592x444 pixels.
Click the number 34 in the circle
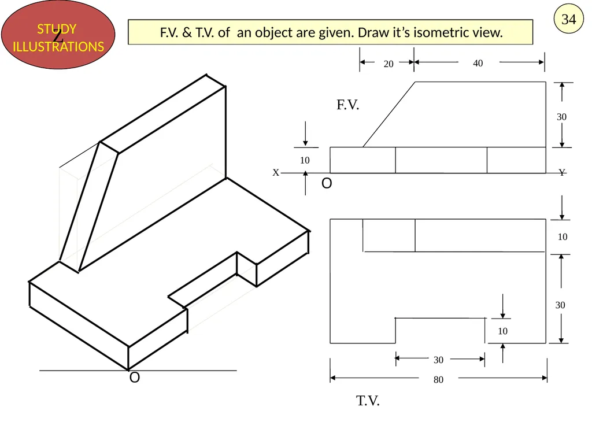tap(569, 19)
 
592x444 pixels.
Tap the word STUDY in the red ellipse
tap(57, 29)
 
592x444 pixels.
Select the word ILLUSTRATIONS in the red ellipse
tap(58, 46)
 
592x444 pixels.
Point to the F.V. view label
tap(347, 105)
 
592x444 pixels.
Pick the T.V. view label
tap(368, 401)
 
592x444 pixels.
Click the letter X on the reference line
tap(276, 172)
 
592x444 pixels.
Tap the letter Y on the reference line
tap(562, 172)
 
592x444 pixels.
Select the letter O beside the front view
tap(327, 183)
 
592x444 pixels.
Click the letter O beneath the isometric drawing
tap(134, 378)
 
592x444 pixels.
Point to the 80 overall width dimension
tap(438, 379)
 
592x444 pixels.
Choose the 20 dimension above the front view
tap(388, 64)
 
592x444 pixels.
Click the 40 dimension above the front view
tap(478, 63)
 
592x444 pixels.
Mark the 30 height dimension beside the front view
tap(561, 117)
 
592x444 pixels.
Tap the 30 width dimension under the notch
tap(438, 360)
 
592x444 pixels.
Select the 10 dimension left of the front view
tap(305, 160)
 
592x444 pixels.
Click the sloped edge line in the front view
tap(389, 114)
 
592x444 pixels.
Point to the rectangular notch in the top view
tap(440, 331)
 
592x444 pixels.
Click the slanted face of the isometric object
tap(89, 206)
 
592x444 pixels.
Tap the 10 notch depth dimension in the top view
tap(502, 331)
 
